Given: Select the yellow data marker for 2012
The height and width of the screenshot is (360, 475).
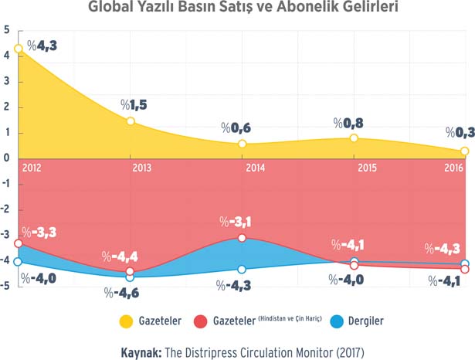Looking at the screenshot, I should pos(19,49).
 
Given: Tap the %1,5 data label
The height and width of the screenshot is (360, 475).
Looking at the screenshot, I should pos(136,104).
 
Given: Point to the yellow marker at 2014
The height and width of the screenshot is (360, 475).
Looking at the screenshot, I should pos(243,144).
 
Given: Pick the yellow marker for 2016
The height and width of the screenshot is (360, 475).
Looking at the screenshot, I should pos(464,151).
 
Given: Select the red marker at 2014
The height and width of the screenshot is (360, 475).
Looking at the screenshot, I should pos(243,238).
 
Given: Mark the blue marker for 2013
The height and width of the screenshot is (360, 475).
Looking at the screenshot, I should pos(130,277).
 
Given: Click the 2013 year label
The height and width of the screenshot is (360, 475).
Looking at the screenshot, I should pos(141,167).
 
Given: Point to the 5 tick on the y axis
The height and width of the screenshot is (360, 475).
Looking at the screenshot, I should pos(7,30).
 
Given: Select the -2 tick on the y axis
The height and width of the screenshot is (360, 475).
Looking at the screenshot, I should pos(6,209).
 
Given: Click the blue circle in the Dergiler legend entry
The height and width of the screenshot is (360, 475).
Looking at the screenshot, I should pos(336,321).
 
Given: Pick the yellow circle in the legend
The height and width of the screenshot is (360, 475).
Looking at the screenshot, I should pos(124,321).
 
